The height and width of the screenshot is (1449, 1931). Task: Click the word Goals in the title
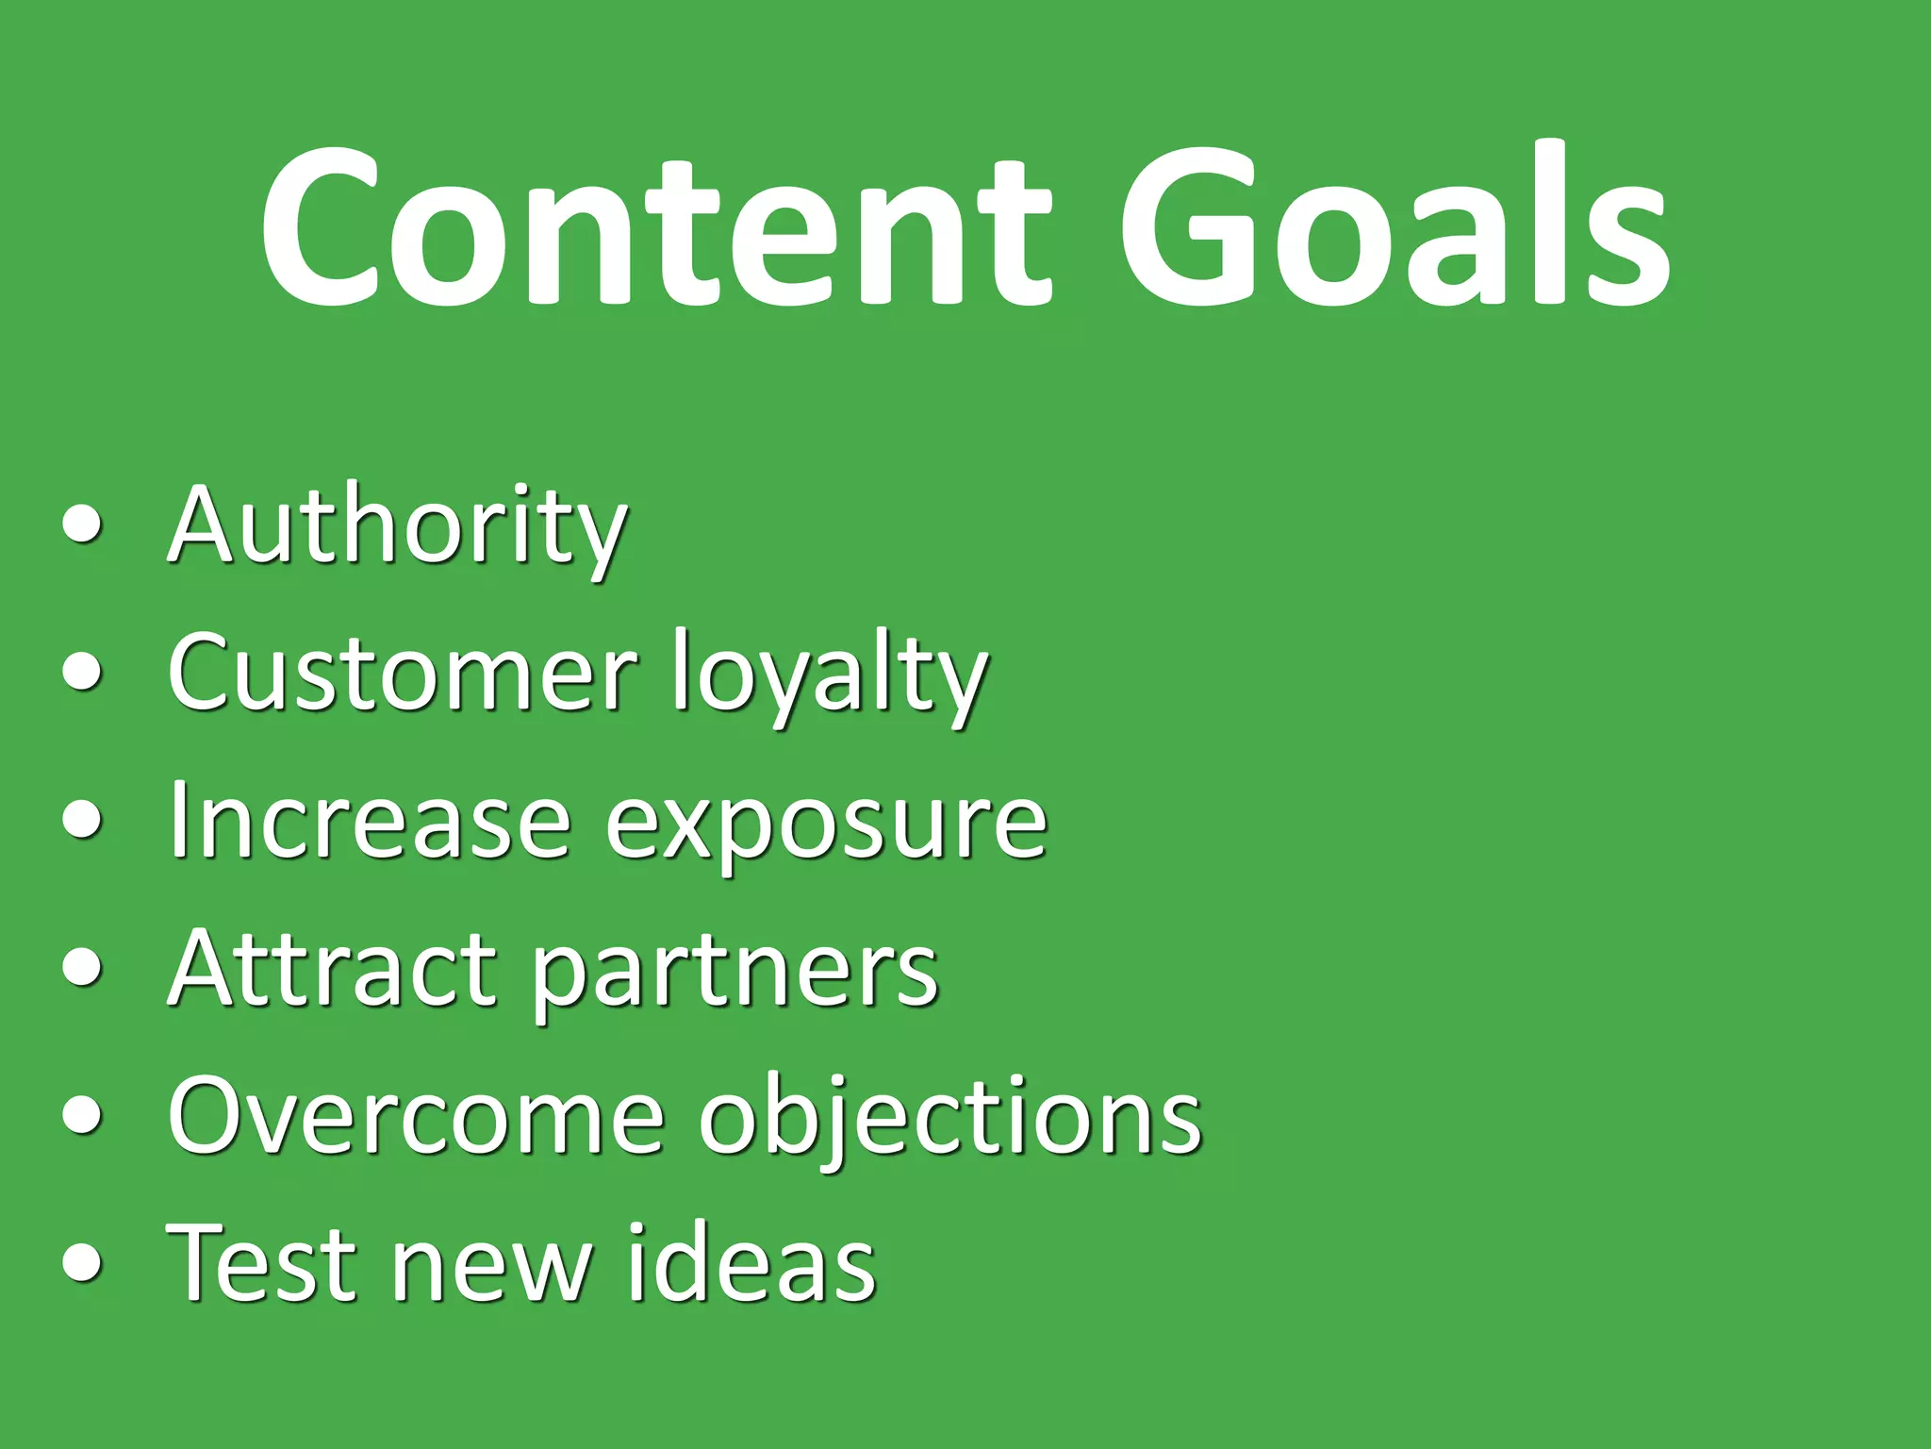tap(1394, 226)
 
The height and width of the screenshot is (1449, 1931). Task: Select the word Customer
tap(402, 674)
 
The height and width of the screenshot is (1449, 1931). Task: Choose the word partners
tap(735, 975)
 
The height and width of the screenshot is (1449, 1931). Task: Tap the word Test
tap(260, 1264)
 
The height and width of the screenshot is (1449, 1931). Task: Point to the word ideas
tap(751, 1264)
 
